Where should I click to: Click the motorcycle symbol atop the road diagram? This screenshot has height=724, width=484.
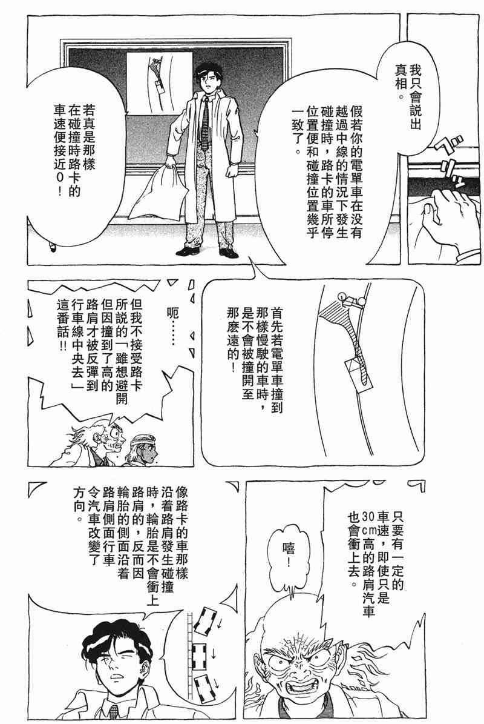coord(352,300)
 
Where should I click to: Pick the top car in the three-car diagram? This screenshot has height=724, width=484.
coord(205,619)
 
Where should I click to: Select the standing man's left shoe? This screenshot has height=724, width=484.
coord(229,253)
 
